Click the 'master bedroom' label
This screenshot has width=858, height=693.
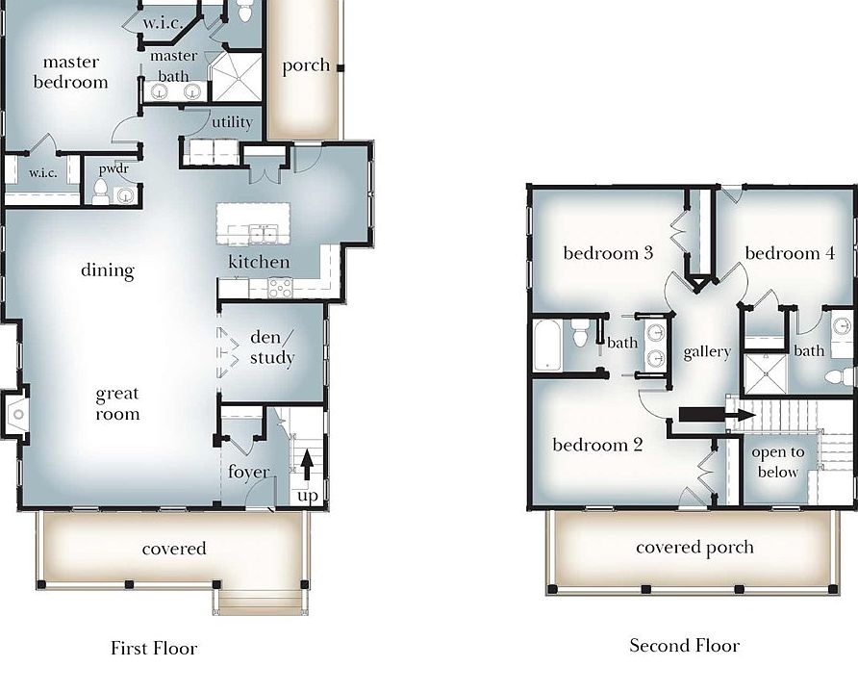70,73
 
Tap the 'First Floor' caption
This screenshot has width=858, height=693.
154,648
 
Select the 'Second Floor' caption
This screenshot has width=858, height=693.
684,645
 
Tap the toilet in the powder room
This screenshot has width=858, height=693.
100,193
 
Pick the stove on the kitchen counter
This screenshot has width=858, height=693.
279,286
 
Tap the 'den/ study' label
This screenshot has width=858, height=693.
271,348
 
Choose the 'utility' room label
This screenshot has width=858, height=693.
232,122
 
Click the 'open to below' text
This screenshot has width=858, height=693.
777,462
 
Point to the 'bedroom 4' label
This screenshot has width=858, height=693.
782,253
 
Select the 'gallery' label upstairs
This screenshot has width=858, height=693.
707,352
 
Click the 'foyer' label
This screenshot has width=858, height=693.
248,472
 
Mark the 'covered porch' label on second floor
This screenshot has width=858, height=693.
694,548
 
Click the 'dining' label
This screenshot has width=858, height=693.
108,270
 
